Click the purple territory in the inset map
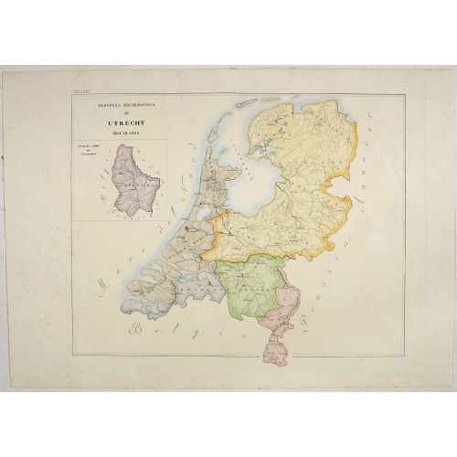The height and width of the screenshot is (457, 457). [x=133, y=178]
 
